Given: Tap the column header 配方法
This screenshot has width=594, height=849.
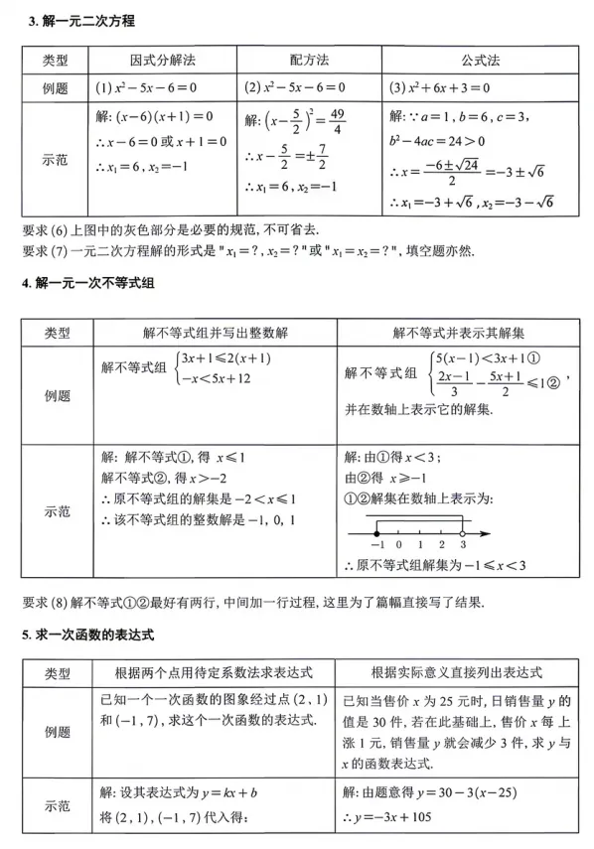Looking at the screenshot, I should (x=309, y=61).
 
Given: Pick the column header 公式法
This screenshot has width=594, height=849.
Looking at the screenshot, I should (x=482, y=61).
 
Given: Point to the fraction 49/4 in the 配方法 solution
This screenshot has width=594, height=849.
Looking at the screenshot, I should (x=336, y=122).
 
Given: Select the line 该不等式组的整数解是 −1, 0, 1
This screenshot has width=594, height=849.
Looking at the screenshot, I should (x=205, y=518).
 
